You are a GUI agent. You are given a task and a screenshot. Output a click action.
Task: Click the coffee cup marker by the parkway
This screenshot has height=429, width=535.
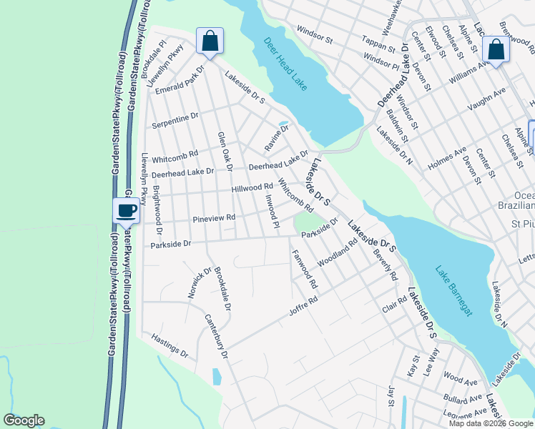(x=127, y=210)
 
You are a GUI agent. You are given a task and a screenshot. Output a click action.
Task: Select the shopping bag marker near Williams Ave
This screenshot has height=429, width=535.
(x=495, y=49)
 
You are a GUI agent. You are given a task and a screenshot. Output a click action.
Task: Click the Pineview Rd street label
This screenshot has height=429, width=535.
(x=214, y=217)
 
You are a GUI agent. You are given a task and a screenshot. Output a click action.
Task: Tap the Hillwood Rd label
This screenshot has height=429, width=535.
(x=252, y=188)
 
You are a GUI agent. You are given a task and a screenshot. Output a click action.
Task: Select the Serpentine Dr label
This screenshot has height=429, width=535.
(x=175, y=120)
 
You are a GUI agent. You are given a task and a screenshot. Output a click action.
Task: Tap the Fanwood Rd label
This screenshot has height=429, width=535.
(x=303, y=268)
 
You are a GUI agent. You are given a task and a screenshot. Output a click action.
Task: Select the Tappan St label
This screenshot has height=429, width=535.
(x=379, y=44)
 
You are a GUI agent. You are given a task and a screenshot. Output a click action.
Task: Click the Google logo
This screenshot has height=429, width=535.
(x=24, y=420)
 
